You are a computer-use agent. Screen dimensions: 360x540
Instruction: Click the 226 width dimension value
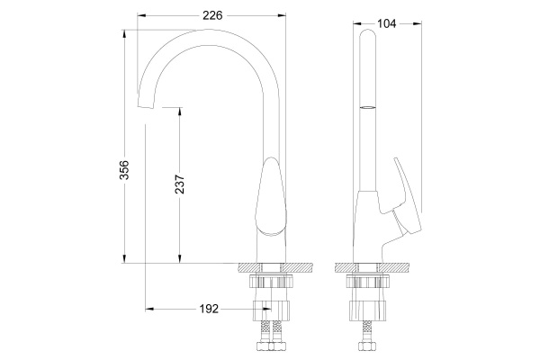coord(213,14)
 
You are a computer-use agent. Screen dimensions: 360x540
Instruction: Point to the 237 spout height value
coord(178,184)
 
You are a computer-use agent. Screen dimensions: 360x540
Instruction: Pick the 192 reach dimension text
coord(208,309)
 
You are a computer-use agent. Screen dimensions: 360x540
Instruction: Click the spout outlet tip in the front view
coord(143,106)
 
